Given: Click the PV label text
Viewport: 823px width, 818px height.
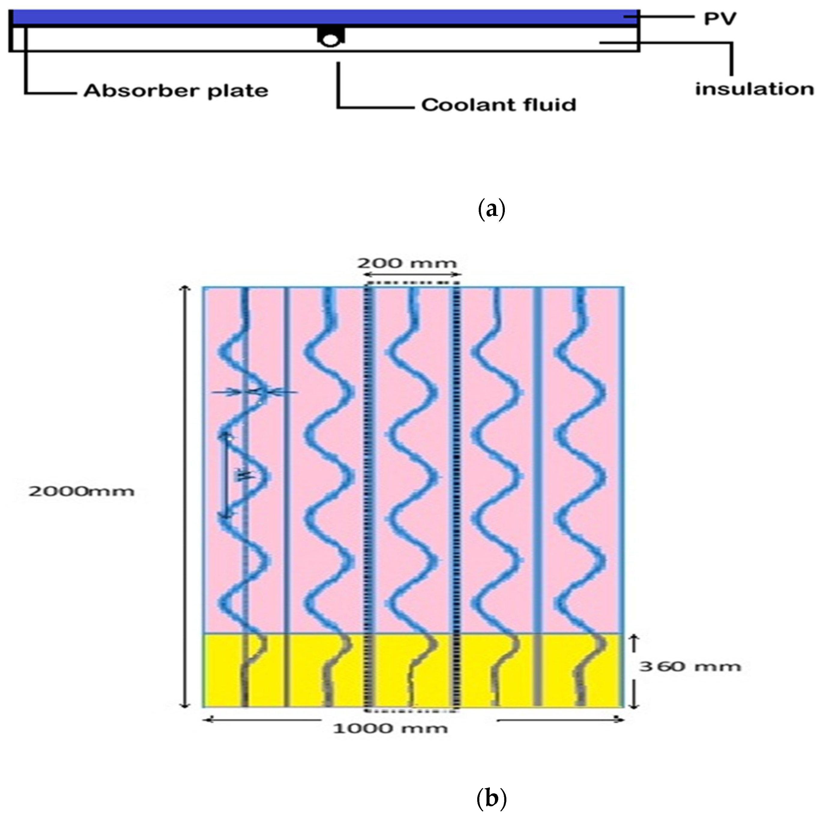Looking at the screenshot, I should [719, 19].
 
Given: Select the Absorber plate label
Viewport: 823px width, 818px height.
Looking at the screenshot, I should [176, 91].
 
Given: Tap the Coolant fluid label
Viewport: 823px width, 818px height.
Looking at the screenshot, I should [499, 105].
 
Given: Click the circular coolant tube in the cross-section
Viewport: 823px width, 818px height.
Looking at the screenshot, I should [330, 40].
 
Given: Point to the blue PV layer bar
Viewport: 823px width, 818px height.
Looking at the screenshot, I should [324, 17].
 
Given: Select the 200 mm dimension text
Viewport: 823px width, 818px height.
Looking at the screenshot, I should [407, 263].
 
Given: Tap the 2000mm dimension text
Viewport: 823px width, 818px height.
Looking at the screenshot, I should [81, 492].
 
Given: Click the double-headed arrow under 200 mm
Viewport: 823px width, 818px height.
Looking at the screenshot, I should [412, 275].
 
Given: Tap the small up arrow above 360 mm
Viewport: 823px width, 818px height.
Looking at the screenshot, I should [633, 643].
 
